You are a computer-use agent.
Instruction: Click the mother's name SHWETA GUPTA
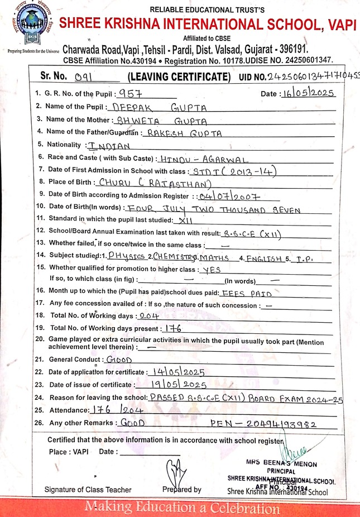[x=160, y=120]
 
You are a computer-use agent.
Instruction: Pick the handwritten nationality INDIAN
[x=109, y=146]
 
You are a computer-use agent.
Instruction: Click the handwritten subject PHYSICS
[x=126, y=256]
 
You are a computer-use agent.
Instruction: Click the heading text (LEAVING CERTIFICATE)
[x=179, y=77]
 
